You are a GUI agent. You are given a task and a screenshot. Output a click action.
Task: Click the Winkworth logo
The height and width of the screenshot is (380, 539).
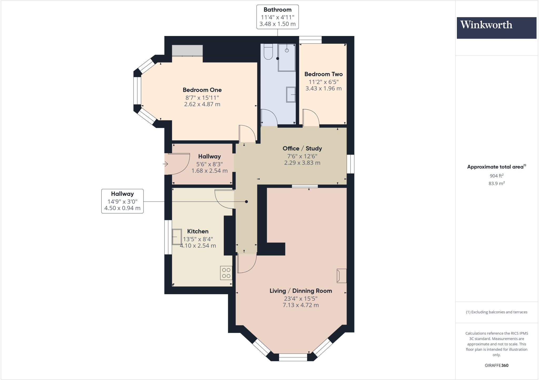(496, 28)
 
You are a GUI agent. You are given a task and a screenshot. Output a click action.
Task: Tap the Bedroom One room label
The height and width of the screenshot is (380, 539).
(202, 90)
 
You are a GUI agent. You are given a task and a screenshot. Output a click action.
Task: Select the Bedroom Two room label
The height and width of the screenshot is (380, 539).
(323, 74)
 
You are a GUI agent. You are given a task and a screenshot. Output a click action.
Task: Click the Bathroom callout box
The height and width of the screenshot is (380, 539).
(277, 17)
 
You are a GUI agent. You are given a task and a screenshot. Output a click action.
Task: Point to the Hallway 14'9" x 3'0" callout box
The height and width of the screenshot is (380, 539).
(122, 201)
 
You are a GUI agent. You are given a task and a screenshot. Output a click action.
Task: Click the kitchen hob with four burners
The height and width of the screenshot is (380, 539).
(226, 273)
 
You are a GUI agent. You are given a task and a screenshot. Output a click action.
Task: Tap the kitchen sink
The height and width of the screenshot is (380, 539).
(177, 237)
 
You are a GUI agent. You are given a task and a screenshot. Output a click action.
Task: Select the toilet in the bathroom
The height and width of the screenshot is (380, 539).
(268, 52)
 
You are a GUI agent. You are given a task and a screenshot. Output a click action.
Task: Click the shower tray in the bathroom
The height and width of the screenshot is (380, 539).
(287, 57)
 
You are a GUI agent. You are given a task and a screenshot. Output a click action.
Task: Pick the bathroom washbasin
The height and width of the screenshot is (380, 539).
(291, 94)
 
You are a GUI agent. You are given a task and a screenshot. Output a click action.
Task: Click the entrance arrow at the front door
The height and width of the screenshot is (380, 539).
(165, 164)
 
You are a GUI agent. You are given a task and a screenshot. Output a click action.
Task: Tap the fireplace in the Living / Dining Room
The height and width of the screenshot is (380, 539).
(342, 276)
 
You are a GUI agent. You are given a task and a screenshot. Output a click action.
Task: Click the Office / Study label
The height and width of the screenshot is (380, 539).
(302, 148)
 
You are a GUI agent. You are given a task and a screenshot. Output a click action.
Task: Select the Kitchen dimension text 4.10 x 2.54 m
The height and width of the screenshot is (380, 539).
(198, 246)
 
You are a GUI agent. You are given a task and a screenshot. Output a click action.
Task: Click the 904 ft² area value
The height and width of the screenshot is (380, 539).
(496, 176)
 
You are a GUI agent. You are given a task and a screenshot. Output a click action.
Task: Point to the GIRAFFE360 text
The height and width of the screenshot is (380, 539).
(496, 365)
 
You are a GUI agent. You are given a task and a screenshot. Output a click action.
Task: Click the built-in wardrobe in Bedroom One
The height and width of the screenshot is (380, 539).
(187, 50)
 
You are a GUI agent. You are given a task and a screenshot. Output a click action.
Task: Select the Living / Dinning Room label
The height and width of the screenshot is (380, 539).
(301, 291)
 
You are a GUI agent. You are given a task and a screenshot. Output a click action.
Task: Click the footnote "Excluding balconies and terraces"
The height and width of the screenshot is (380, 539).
(496, 312)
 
